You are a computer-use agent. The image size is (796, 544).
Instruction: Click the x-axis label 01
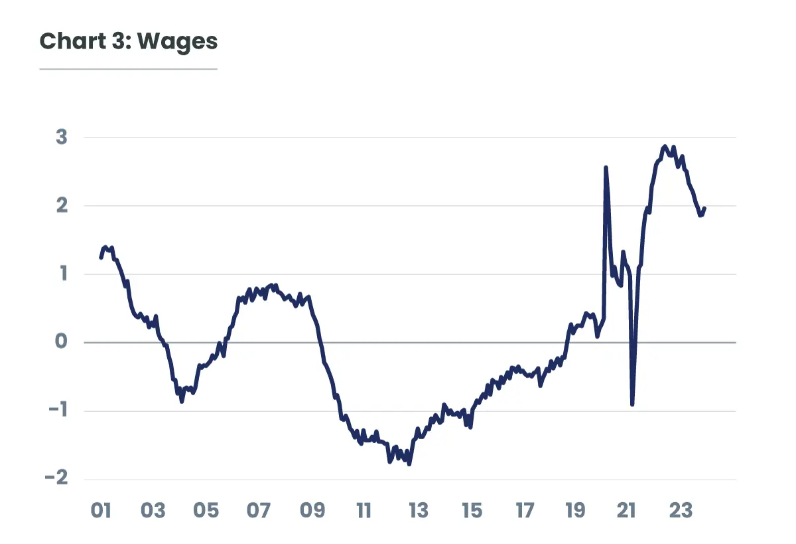pos(100,511)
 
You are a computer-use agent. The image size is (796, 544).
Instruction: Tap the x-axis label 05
pos(206,511)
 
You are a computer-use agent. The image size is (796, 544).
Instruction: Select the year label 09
pos(312,511)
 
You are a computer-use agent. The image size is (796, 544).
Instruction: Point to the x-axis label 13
pos(418,511)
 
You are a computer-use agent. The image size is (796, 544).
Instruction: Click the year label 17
pos(524,511)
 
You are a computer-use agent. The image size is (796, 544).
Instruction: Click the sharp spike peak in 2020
pos(606,167)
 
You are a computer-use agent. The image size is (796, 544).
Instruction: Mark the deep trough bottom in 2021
pos(632,404)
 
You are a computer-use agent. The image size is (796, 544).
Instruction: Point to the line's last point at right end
pos(704,209)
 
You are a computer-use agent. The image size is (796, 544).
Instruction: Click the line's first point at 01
pos(101,257)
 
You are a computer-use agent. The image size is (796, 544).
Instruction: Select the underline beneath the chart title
pos(129,68)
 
